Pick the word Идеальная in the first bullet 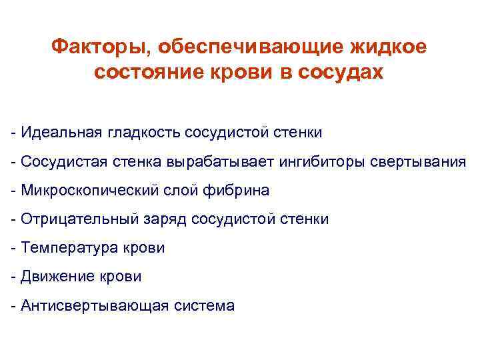coord(59,132)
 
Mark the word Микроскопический coord(90,191)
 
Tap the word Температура coord(67,248)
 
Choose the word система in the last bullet coord(204,306)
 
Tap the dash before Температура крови coord(13,248)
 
